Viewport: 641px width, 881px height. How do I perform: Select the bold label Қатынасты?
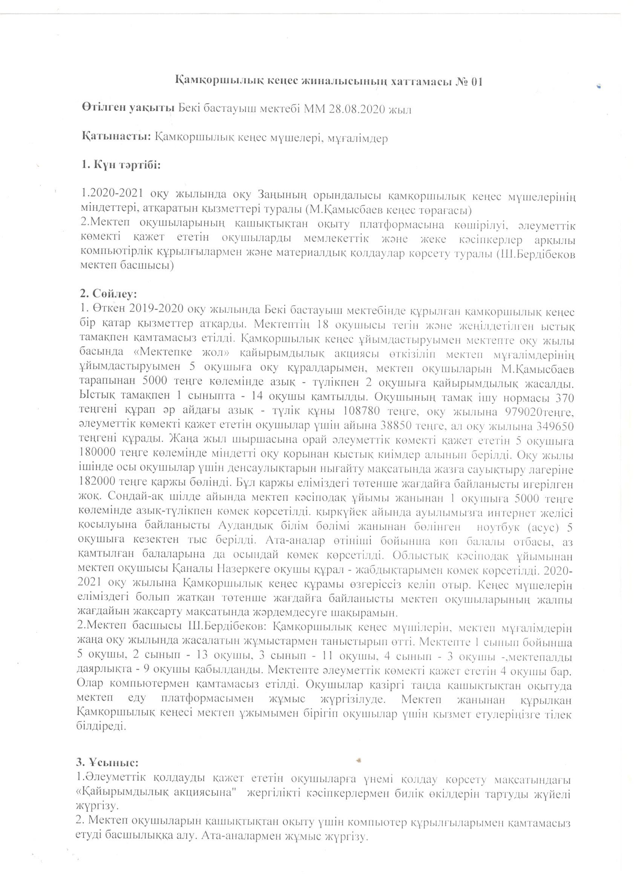117,138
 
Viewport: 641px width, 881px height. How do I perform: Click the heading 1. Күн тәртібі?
121,165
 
